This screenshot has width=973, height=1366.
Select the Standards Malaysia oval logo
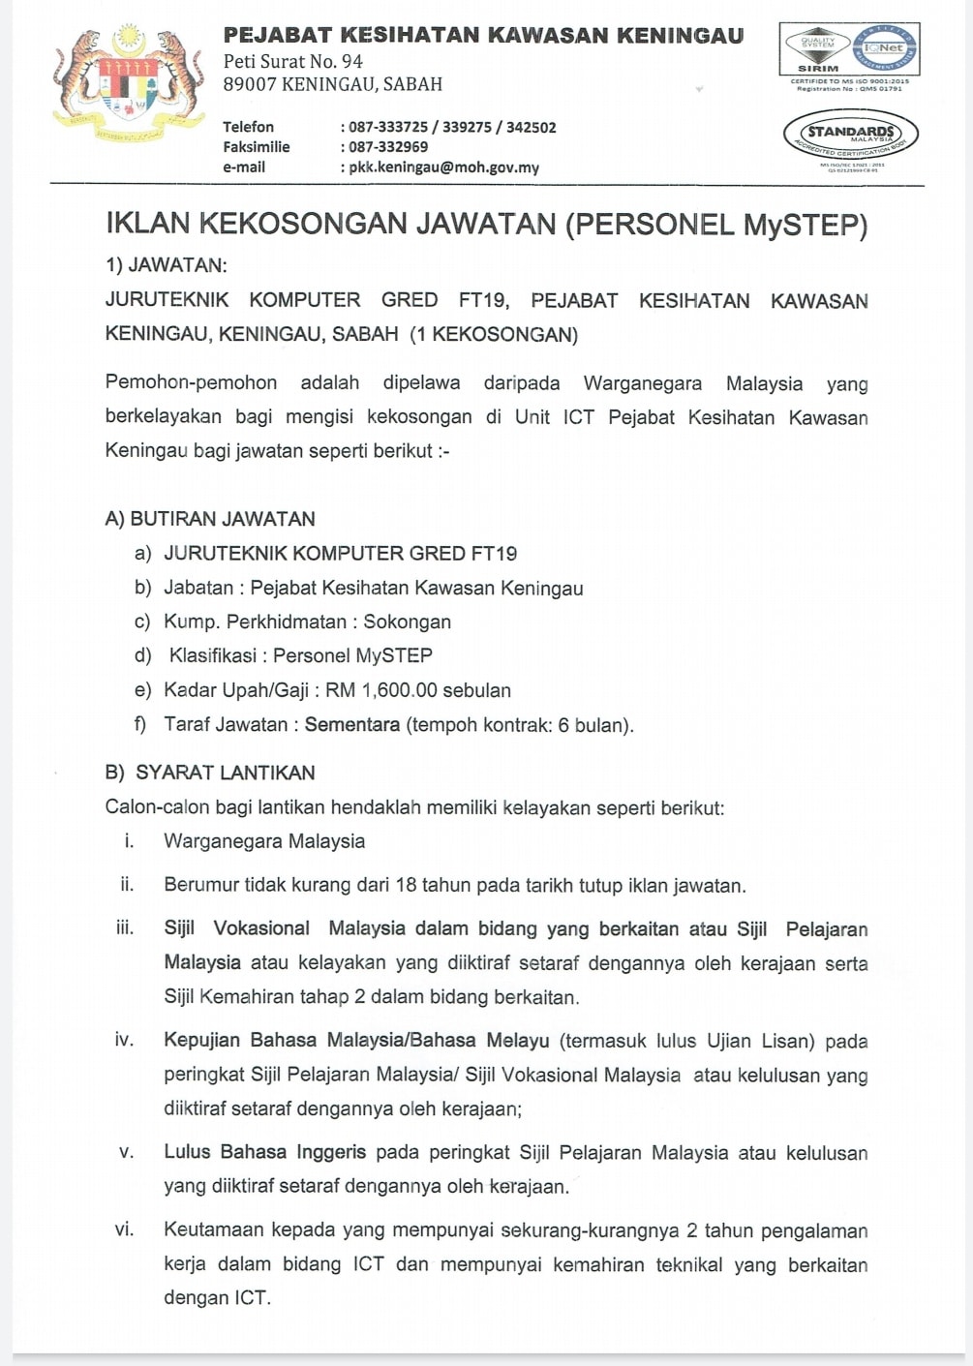pyautogui.click(x=850, y=135)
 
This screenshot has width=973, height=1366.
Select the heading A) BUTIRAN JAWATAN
pyautogui.click(x=210, y=519)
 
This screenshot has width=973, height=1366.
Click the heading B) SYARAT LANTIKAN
pyautogui.click(x=210, y=773)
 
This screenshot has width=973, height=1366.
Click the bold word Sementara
pyautogui.click(x=351, y=725)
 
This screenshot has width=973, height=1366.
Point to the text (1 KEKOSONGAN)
pyautogui.click(x=494, y=335)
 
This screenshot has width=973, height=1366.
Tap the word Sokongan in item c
pyautogui.click(x=407, y=622)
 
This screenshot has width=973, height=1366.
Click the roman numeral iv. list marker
pyautogui.click(x=124, y=1041)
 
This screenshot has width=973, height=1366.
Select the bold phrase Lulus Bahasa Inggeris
pyautogui.click(x=264, y=1152)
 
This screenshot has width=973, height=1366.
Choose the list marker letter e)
pyautogui.click(x=143, y=690)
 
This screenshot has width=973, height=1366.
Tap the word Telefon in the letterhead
pyautogui.click(x=248, y=127)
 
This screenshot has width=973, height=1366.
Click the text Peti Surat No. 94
pyautogui.click(x=292, y=61)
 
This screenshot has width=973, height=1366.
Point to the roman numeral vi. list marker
pyautogui.click(x=124, y=1229)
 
